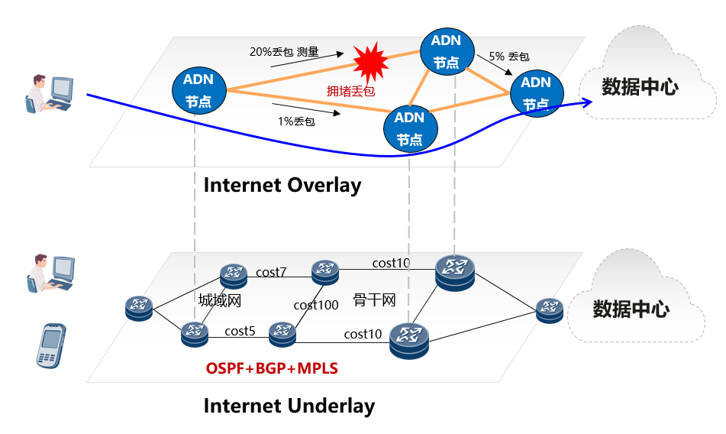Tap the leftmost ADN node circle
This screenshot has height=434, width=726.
coord(198,90)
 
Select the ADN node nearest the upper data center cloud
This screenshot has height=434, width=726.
coord(537,92)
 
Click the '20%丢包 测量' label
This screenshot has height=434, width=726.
coord(284,53)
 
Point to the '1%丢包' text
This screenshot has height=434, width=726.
coord(297,121)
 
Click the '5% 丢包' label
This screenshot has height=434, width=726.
coord(509,57)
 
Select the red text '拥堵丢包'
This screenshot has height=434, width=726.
coord(351,91)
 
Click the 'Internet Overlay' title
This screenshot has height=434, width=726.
coord(282,185)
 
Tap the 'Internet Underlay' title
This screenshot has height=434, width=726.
coord(289,406)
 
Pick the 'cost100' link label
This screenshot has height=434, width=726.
coord(316,305)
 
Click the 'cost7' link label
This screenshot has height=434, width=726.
coord(271,272)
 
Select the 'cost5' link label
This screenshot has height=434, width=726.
coord(240,331)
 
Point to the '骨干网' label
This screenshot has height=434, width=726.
coord(375,300)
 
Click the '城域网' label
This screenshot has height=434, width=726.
coord(220,300)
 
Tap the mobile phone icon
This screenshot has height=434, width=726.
coord(51,346)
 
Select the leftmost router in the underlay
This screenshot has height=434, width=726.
coord(139,309)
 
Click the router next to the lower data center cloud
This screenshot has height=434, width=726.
coord(549,309)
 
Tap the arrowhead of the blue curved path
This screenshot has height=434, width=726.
coord(588,103)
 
